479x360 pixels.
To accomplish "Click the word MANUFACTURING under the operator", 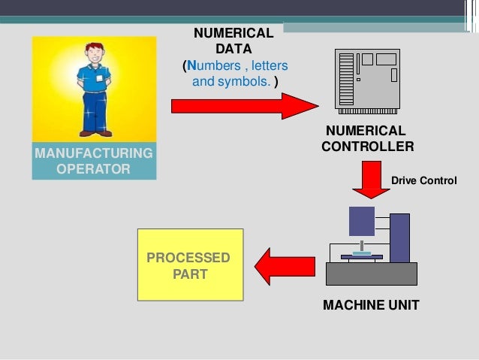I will click(x=93, y=154).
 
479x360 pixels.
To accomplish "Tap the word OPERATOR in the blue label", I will click(x=93, y=169).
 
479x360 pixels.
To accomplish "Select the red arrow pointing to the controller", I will click(x=244, y=106).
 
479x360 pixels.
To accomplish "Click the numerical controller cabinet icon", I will click(x=366, y=78).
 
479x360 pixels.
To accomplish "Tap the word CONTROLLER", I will click(x=367, y=147).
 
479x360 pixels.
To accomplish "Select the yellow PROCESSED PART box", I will click(x=189, y=265).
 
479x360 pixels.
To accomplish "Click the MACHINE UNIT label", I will click(x=371, y=305).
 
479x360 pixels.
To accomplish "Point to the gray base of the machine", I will click(x=371, y=274).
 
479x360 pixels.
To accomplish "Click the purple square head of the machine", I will click(x=362, y=220).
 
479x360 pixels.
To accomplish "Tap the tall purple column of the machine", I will click(x=399, y=237).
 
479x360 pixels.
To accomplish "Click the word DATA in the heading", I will click(x=233, y=49).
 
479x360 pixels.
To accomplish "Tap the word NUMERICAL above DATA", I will click(x=233, y=33).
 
